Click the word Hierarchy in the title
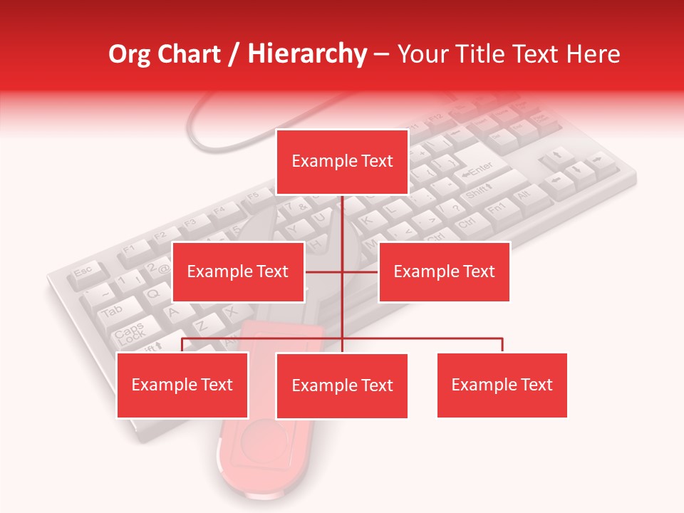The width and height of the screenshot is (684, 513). (x=306, y=54)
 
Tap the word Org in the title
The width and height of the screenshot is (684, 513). (x=135, y=54)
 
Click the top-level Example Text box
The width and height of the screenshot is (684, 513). (x=342, y=162)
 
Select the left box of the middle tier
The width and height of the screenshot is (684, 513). (x=238, y=271)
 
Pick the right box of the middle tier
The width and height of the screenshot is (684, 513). (x=444, y=271)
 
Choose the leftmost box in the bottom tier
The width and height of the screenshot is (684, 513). (x=182, y=385)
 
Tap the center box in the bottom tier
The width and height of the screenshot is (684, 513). (x=342, y=386)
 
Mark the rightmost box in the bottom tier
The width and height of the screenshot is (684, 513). (x=502, y=385)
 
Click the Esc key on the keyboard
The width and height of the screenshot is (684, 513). (x=83, y=271)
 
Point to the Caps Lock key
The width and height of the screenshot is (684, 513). (x=130, y=332)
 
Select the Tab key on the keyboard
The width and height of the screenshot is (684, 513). (x=110, y=311)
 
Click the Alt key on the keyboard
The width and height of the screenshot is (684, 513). (x=524, y=194)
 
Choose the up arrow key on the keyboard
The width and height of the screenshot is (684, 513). (x=557, y=155)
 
